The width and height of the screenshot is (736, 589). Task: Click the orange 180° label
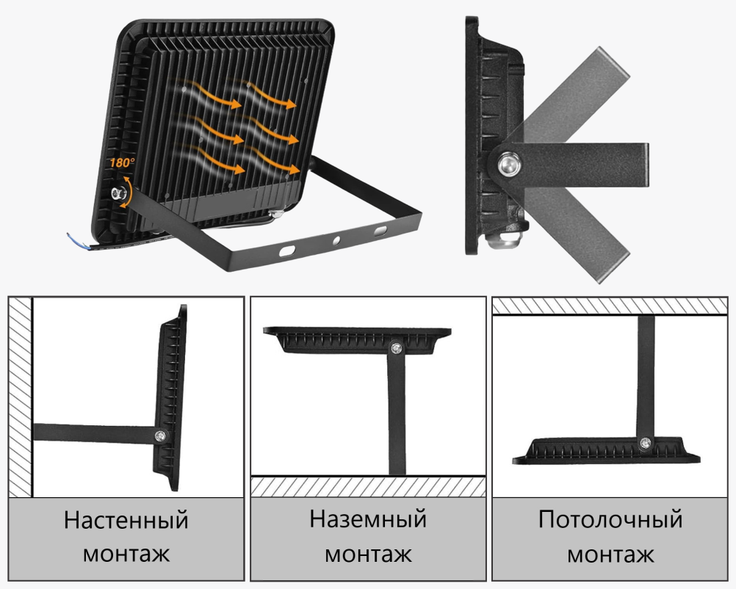point(122,162)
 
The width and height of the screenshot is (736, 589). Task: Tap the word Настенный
point(126,520)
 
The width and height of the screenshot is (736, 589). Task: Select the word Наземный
point(368,519)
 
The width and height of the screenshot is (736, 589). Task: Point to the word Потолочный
point(610,519)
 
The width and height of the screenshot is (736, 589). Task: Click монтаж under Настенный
point(126,554)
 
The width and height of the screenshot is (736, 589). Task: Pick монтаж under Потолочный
point(610,554)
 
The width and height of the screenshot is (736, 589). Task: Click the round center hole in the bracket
point(336,241)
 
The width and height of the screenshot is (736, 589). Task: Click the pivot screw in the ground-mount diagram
point(397,348)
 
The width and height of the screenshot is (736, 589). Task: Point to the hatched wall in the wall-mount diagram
point(20,397)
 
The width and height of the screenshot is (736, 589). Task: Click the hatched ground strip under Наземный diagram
point(368,487)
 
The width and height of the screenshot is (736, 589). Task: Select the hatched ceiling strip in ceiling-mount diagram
point(610,306)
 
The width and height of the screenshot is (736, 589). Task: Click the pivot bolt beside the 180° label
point(116,193)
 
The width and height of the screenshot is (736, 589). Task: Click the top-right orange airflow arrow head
point(292,104)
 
